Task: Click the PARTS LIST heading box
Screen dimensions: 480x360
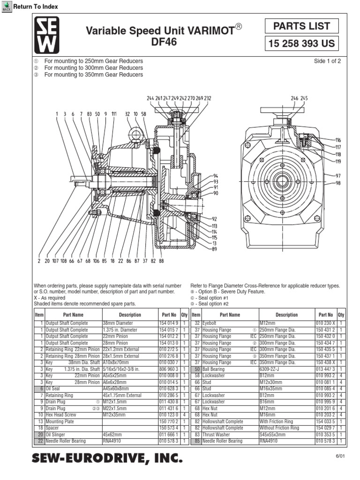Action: pyautogui.click(x=301, y=26)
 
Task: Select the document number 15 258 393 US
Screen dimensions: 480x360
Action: pyautogui.click(x=301, y=44)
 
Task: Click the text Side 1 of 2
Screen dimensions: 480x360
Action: pyautogui.click(x=327, y=61)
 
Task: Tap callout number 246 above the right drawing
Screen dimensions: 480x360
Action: pyautogui.click(x=294, y=98)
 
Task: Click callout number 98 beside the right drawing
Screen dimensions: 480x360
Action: pyautogui.click(x=338, y=183)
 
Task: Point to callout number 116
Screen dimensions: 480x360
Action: pyautogui.click(x=338, y=140)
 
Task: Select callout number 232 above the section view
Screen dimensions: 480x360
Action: pyautogui.click(x=207, y=98)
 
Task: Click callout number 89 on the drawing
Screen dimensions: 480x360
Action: pyautogui.click(x=215, y=249)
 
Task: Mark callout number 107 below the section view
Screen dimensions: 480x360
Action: pyautogui.click(x=55, y=261)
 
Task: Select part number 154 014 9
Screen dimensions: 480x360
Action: pyautogui.click(x=169, y=323)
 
